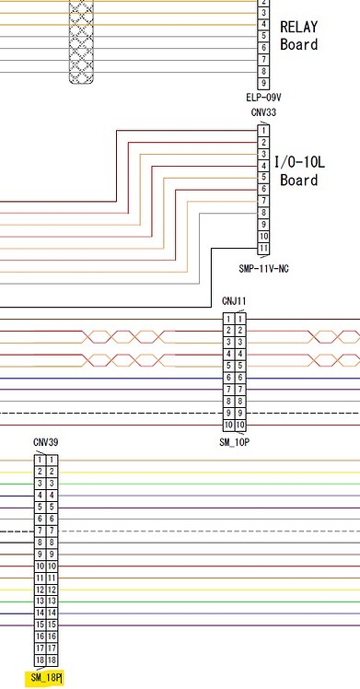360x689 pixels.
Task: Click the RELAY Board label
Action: [x=298, y=36]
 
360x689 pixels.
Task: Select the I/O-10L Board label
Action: [x=299, y=170]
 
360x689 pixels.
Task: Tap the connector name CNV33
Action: [x=263, y=113]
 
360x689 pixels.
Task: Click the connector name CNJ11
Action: [x=234, y=301]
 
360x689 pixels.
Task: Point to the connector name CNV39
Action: [x=45, y=443]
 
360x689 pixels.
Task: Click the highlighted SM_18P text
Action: [x=45, y=679]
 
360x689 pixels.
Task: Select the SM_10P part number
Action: [x=235, y=443]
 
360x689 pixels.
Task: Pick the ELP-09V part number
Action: [x=263, y=97]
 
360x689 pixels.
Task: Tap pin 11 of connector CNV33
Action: [x=263, y=248]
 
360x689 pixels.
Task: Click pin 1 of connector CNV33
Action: [x=263, y=130]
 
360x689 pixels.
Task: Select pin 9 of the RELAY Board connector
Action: [x=263, y=83]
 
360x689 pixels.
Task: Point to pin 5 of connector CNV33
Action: [x=263, y=177]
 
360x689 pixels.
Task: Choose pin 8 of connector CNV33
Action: [x=263, y=212]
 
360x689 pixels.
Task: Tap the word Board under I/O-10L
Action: [x=299, y=180]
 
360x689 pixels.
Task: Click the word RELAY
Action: [x=298, y=28]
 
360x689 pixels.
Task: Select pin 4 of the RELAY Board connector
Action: [x=263, y=24]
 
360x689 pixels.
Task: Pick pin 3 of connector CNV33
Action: [x=263, y=154]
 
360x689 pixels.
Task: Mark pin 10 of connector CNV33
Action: [x=263, y=236]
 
